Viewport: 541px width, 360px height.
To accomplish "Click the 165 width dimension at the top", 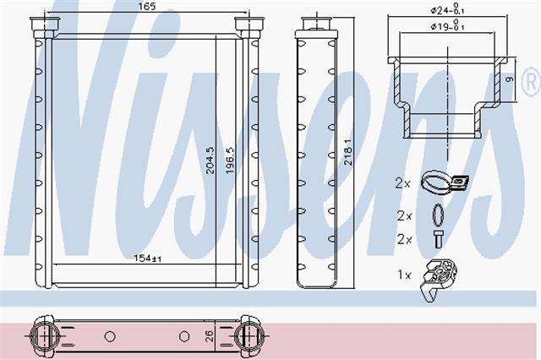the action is point(147,6).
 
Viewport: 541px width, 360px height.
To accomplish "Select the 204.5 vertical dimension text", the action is point(210,161).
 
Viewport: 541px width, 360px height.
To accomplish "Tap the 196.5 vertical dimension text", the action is point(230,161).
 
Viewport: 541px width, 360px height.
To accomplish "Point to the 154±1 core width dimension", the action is point(147,258).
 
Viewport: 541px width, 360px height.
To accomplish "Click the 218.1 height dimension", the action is point(348,152).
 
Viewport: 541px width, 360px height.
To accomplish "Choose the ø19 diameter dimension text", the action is point(447,26).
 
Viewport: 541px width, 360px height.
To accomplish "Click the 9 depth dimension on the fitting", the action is point(509,79).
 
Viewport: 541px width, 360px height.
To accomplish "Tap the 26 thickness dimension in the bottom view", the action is point(210,335).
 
